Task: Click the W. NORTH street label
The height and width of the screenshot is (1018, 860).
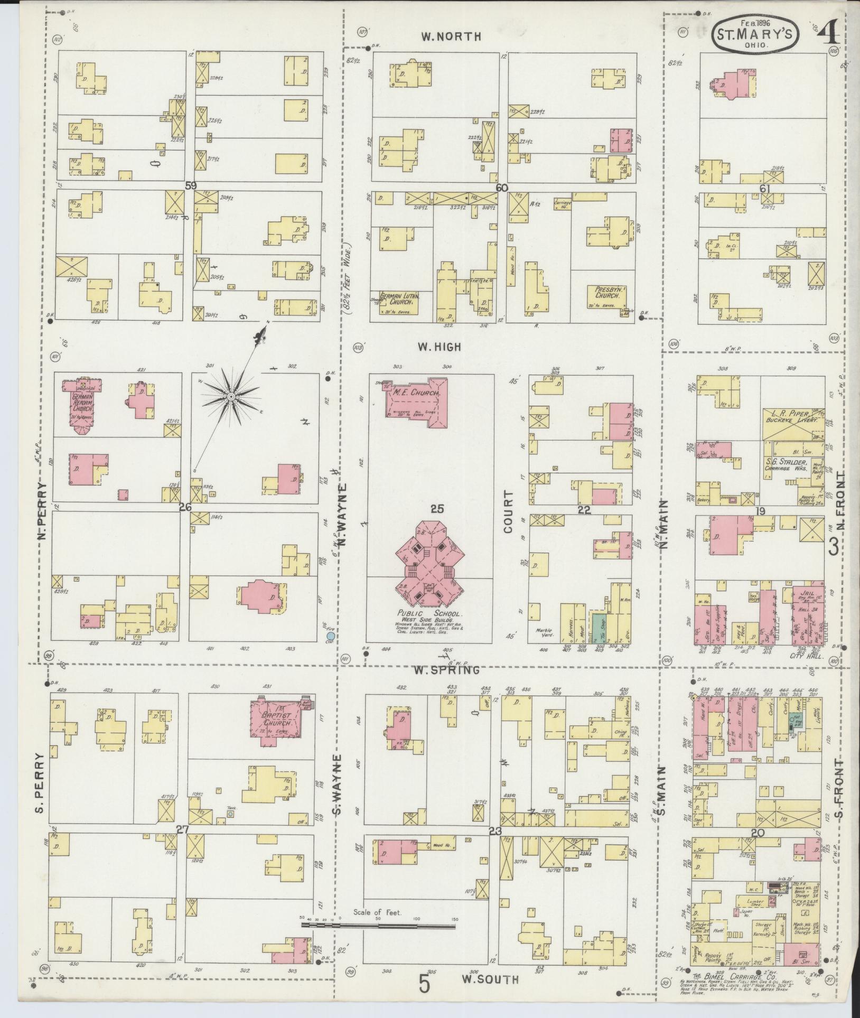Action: point(451,36)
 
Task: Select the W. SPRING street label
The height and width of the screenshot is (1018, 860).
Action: point(447,670)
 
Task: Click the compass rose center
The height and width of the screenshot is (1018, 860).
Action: point(231,396)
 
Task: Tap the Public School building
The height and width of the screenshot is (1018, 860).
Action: point(431,565)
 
